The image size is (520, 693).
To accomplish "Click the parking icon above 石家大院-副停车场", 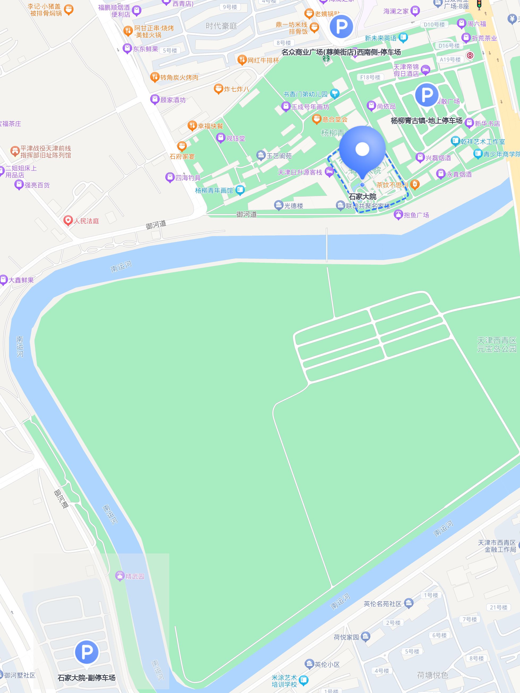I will pos(87,652).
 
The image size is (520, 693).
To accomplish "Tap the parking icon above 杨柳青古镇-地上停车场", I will pos(426,95).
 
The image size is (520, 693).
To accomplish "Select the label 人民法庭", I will pos(86,221).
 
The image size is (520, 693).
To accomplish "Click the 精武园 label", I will pos(135,576).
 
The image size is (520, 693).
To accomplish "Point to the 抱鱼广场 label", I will pos(416,215).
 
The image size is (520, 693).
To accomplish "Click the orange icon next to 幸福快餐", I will pos(192,126).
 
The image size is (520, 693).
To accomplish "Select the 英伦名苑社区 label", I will pos(383,604).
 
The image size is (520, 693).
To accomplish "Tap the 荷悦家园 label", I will pos(346,637).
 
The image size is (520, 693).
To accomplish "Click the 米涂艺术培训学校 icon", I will pos(304,680).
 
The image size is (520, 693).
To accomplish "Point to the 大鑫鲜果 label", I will pos(21,280).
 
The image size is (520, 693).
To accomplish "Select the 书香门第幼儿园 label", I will pos(305,94).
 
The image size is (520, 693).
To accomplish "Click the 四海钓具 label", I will pos(188,178).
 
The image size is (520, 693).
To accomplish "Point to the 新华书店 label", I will pos(487,123).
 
